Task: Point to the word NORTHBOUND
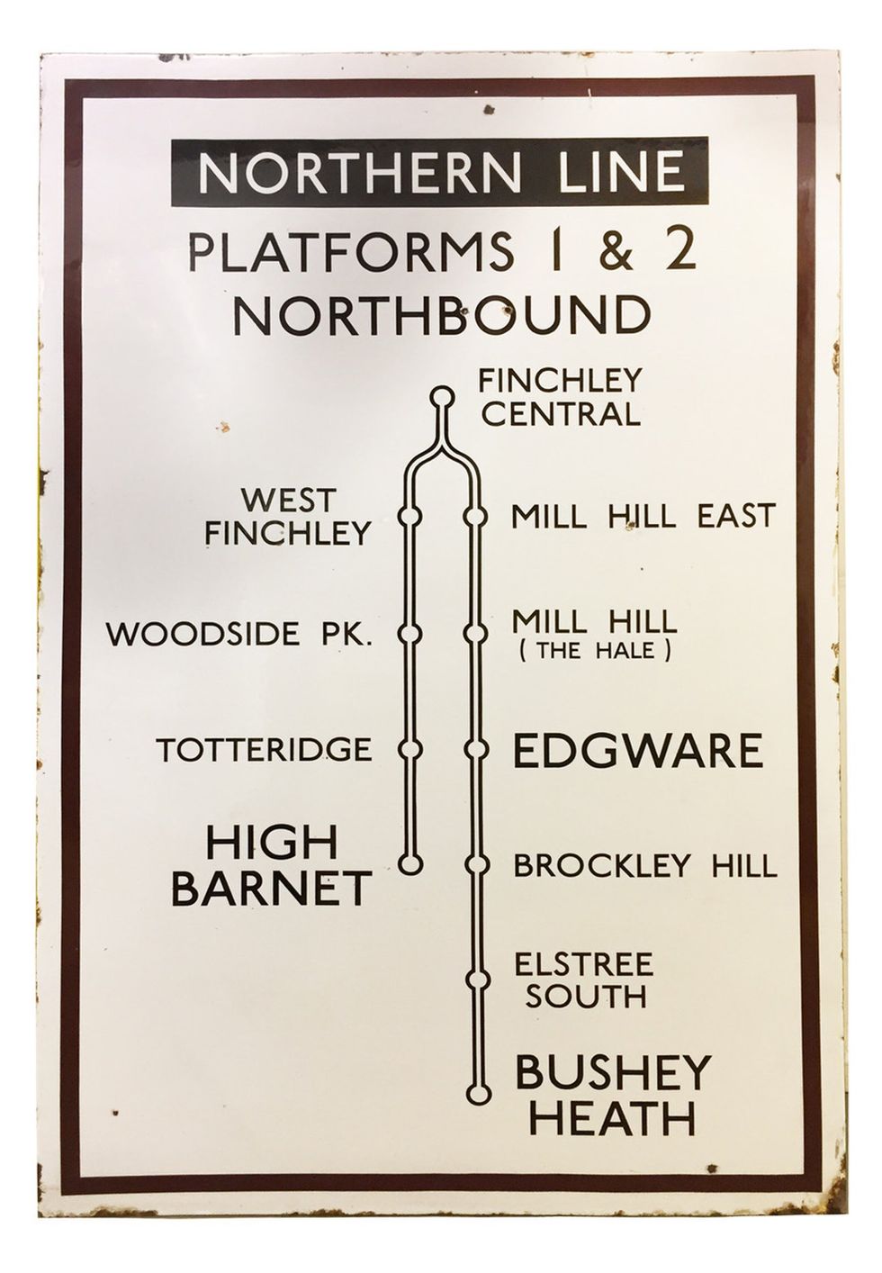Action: tap(440, 316)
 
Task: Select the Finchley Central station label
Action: tap(559, 397)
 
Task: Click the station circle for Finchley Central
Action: tap(441, 395)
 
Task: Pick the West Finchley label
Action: tap(287, 517)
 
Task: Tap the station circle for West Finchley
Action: tap(411, 516)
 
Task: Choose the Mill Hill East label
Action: tap(643, 517)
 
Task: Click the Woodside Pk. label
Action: tap(239, 634)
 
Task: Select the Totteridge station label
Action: tap(265, 749)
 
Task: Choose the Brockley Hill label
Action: tap(643, 866)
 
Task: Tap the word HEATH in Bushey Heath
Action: tap(613, 1119)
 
